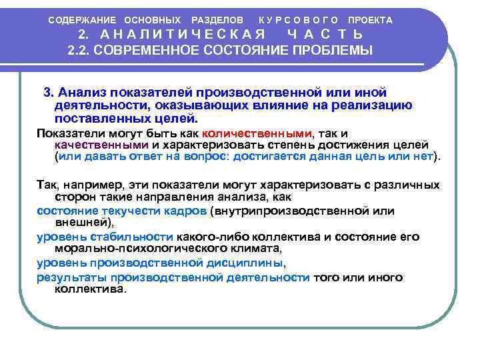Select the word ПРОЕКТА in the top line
pyautogui.click(x=370, y=20)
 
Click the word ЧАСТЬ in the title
pyautogui.click(x=325, y=35)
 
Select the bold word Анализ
pyautogui.click(x=81, y=92)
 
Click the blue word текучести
pyautogui.click(x=125, y=211)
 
